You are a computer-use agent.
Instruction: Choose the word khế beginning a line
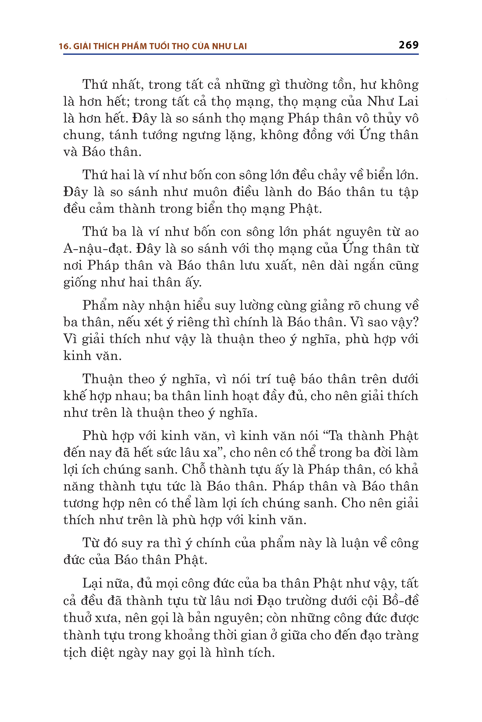click(74, 396)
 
